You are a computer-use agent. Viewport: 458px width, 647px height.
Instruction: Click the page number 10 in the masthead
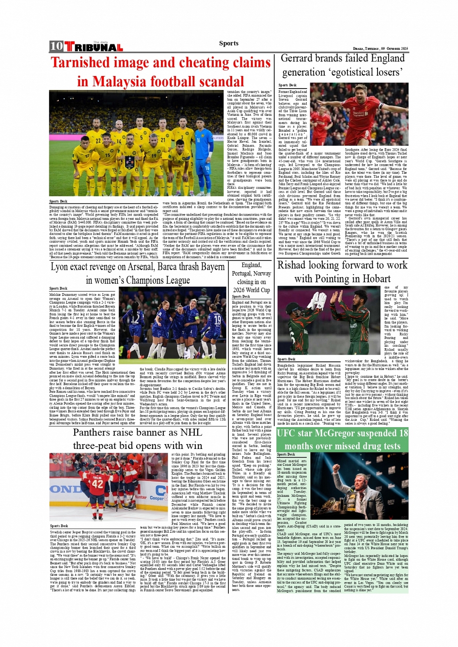pyautogui.click(x=56, y=46)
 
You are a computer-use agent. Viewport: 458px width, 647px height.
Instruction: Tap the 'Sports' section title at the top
pyautogui.click(x=228, y=44)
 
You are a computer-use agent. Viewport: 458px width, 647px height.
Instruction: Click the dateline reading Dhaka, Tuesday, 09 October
pyautogui.click(x=380, y=49)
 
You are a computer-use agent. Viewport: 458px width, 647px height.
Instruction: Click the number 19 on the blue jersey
pyautogui.click(x=217, y=320)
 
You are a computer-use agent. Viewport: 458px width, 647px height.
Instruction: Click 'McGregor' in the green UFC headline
pyautogui.click(x=355, y=433)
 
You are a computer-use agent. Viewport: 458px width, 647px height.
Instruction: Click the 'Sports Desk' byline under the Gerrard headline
pyautogui.click(x=287, y=85)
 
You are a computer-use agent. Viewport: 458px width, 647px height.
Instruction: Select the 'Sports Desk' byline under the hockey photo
pyautogui.click(x=59, y=526)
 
